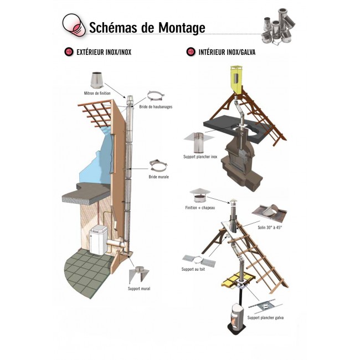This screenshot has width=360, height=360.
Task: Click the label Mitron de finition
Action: point(97,94)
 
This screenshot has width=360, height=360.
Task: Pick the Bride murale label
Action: point(158,177)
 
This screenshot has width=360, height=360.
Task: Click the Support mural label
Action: point(138,289)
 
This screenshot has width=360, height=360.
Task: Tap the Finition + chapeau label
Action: point(199,208)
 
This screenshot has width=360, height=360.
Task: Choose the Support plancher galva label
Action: point(265,318)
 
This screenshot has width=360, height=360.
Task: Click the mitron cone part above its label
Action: point(96,80)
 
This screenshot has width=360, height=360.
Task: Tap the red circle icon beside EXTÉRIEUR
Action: point(69,52)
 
